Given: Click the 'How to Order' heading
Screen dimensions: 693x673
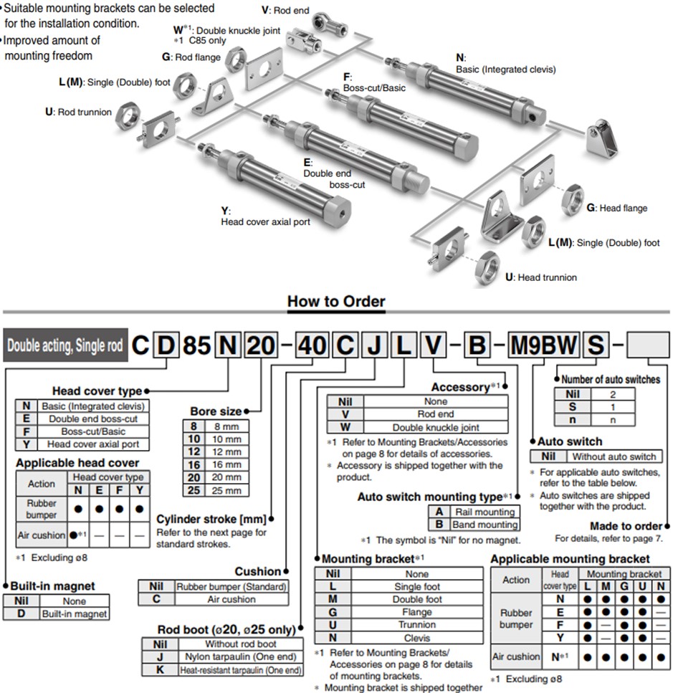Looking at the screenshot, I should click(x=336, y=302).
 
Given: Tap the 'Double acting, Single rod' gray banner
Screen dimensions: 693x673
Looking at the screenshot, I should click(x=65, y=346).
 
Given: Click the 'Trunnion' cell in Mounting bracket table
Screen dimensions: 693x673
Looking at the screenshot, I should click(x=416, y=625).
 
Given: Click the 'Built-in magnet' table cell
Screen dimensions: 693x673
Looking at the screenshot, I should click(x=74, y=614).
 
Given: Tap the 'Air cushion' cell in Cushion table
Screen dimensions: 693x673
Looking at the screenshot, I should click(x=231, y=599).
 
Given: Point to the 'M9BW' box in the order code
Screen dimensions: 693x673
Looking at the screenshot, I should click(x=543, y=346).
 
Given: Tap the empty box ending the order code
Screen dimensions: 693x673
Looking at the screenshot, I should click(x=648, y=346).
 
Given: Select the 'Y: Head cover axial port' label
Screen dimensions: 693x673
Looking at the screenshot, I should click(x=265, y=216).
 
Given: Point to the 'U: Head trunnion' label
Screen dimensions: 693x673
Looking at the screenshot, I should click(x=541, y=277).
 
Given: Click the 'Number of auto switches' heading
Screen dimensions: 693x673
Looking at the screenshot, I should click(x=610, y=379).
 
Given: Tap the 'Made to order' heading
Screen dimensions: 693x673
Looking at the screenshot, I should click(x=626, y=526).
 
